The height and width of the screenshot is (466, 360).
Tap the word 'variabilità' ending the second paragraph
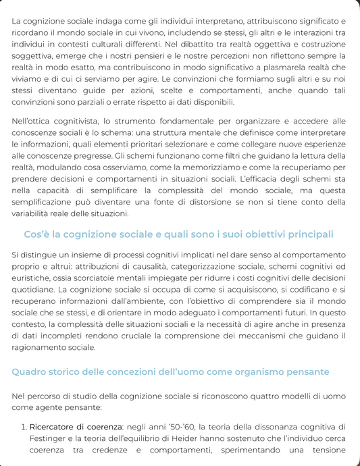pyautogui.click(x=35, y=213)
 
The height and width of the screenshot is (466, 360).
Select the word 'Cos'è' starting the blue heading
pyautogui.click(x=38, y=234)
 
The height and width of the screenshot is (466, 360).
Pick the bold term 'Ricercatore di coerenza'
pyautogui.click(x=74, y=426)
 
